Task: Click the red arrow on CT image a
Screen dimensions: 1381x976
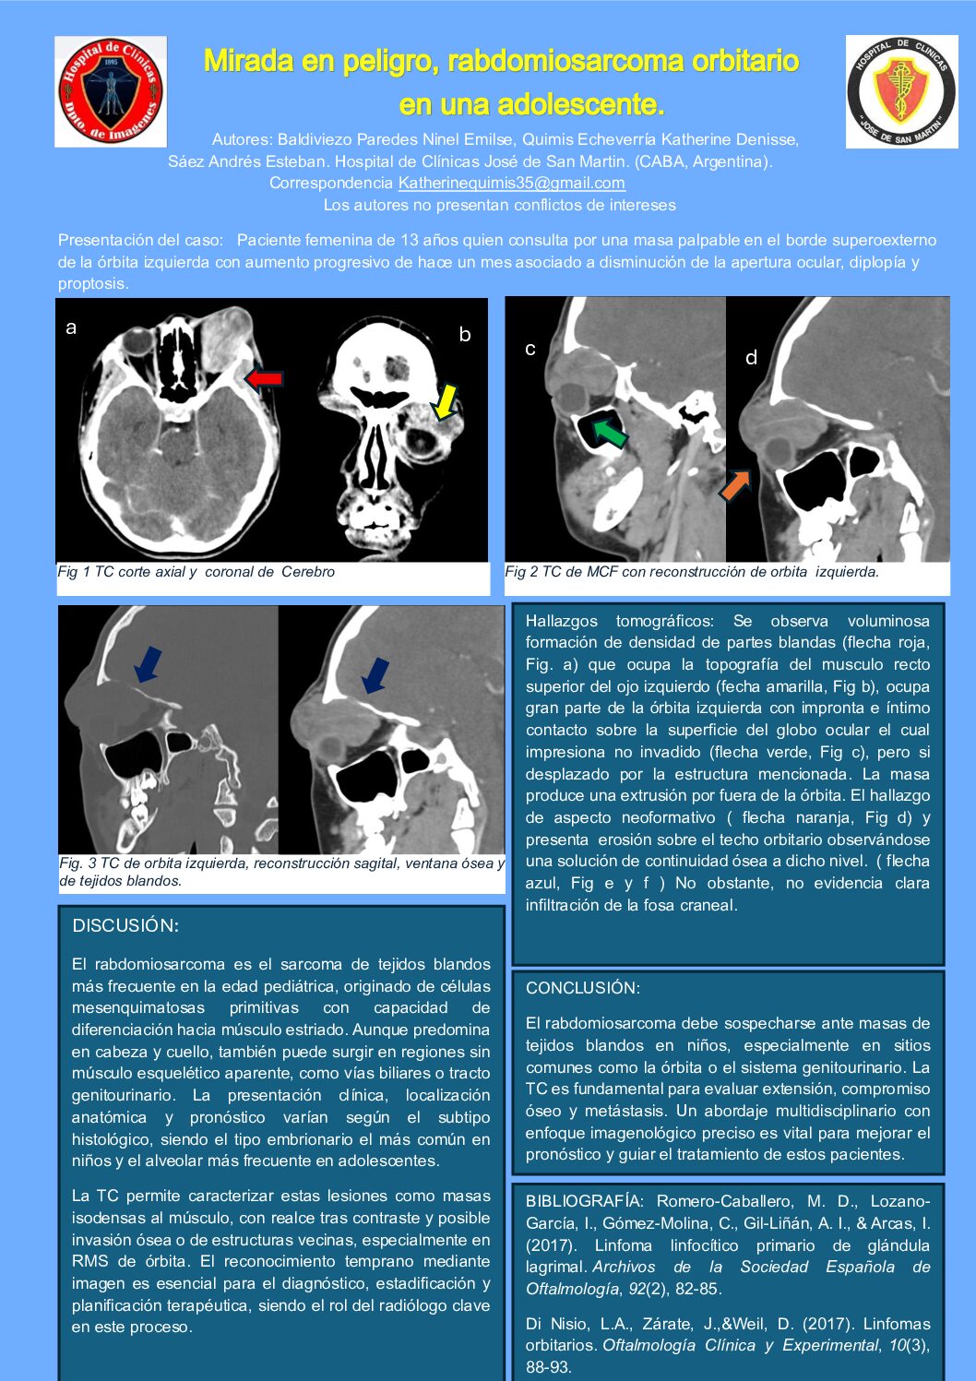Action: [x=264, y=378]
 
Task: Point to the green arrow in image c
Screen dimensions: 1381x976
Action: [x=609, y=432]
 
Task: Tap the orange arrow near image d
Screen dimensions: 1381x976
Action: [x=735, y=484]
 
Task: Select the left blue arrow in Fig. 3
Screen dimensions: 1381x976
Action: [x=147, y=664]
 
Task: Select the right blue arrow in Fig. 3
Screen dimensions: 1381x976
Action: [x=375, y=674]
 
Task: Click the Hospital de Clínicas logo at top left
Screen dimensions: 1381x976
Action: [x=111, y=91]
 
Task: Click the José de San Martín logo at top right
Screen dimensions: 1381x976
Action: [x=901, y=91]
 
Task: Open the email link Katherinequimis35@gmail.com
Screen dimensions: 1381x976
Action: [x=511, y=183]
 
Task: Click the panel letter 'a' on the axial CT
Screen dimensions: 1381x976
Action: [x=71, y=327]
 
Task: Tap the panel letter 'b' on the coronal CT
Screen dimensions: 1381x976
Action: [x=465, y=335]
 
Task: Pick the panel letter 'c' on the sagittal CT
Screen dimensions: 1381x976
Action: [x=530, y=349]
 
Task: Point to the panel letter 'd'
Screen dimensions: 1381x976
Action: [x=751, y=358]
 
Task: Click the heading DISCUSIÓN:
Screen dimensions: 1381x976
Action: [x=125, y=925]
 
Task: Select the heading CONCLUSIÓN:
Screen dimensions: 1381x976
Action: [x=582, y=988]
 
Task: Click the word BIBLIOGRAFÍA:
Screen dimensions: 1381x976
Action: [x=583, y=1201]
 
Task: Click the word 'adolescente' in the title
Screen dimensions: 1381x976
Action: [x=580, y=104]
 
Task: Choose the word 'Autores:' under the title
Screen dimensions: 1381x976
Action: [x=242, y=139]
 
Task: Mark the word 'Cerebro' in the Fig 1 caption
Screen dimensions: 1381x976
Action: [x=308, y=572]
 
